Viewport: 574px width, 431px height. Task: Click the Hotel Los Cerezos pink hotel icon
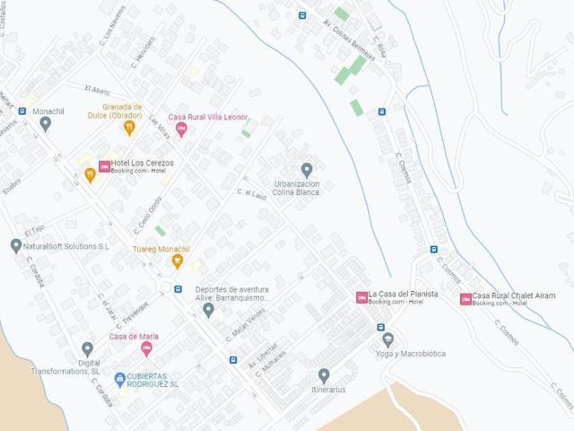tap(104, 166)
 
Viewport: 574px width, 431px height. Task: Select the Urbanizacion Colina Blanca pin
tap(307, 170)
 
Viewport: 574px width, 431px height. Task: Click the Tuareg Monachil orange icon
tap(178, 261)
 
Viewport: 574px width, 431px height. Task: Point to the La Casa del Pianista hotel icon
tap(361, 297)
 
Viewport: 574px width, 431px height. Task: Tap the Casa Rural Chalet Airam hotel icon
tap(465, 299)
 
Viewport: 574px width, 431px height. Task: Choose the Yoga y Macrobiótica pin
tap(387, 339)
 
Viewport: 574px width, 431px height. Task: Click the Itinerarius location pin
tap(324, 375)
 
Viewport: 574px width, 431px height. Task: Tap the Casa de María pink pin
tap(146, 349)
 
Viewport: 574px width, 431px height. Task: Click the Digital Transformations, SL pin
tap(87, 348)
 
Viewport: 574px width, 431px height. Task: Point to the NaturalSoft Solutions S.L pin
tap(15, 245)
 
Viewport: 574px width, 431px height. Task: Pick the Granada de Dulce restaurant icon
tap(129, 128)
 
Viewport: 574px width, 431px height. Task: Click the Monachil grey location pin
tap(45, 124)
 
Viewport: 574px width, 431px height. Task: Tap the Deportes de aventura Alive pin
tap(208, 311)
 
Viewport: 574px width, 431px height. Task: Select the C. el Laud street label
tap(253, 193)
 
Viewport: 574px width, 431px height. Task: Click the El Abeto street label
tap(98, 90)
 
